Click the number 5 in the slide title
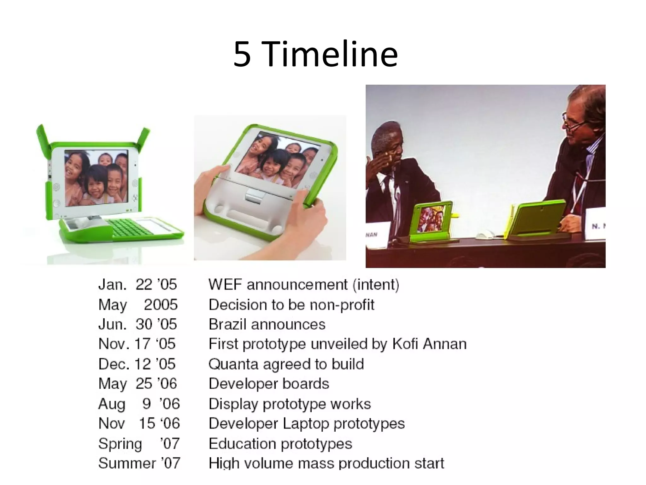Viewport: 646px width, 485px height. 242,55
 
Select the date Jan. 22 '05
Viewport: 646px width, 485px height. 138,284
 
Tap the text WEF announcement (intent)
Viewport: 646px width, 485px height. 304,284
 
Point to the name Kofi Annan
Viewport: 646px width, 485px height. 429,344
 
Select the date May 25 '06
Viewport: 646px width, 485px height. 138,384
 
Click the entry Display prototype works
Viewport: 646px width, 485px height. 290,404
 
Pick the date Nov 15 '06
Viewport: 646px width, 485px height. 139,423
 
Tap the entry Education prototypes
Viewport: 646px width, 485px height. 280,444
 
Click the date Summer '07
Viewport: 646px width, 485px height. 139,463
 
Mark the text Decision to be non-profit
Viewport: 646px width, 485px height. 291,305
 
